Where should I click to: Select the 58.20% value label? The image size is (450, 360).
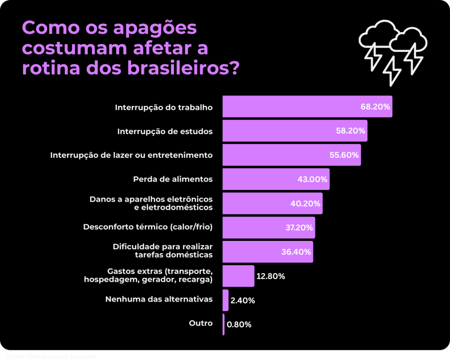tap(350, 131)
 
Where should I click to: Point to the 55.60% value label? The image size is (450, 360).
tap(344, 155)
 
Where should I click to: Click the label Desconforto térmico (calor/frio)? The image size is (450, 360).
tap(148, 227)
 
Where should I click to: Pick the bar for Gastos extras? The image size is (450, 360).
tap(238, 276)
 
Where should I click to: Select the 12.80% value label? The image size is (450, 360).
tap(271, 276)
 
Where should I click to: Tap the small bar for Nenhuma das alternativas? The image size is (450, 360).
tap(225, 300)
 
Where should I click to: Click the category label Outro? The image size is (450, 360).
tap(201, 323)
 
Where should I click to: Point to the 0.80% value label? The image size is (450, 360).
tap(239, 325)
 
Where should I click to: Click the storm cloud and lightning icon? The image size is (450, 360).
tap(392, 51)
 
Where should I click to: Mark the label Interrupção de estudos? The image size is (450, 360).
tap(165, 131)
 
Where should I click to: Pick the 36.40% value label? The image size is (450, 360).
tap(296, 252)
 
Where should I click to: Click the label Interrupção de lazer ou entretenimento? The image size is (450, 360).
tap(131, 155)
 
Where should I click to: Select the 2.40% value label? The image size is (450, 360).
tap(243, 301)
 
